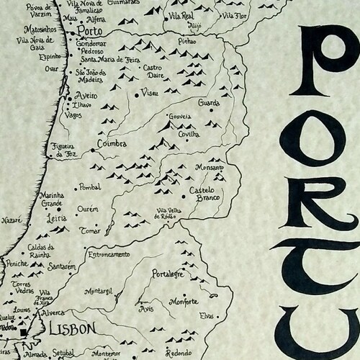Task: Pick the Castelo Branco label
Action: coord(204,194)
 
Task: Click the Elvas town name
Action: coord(209,315)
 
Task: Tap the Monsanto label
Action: coord(209,166)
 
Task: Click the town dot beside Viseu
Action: coord(137,94)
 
